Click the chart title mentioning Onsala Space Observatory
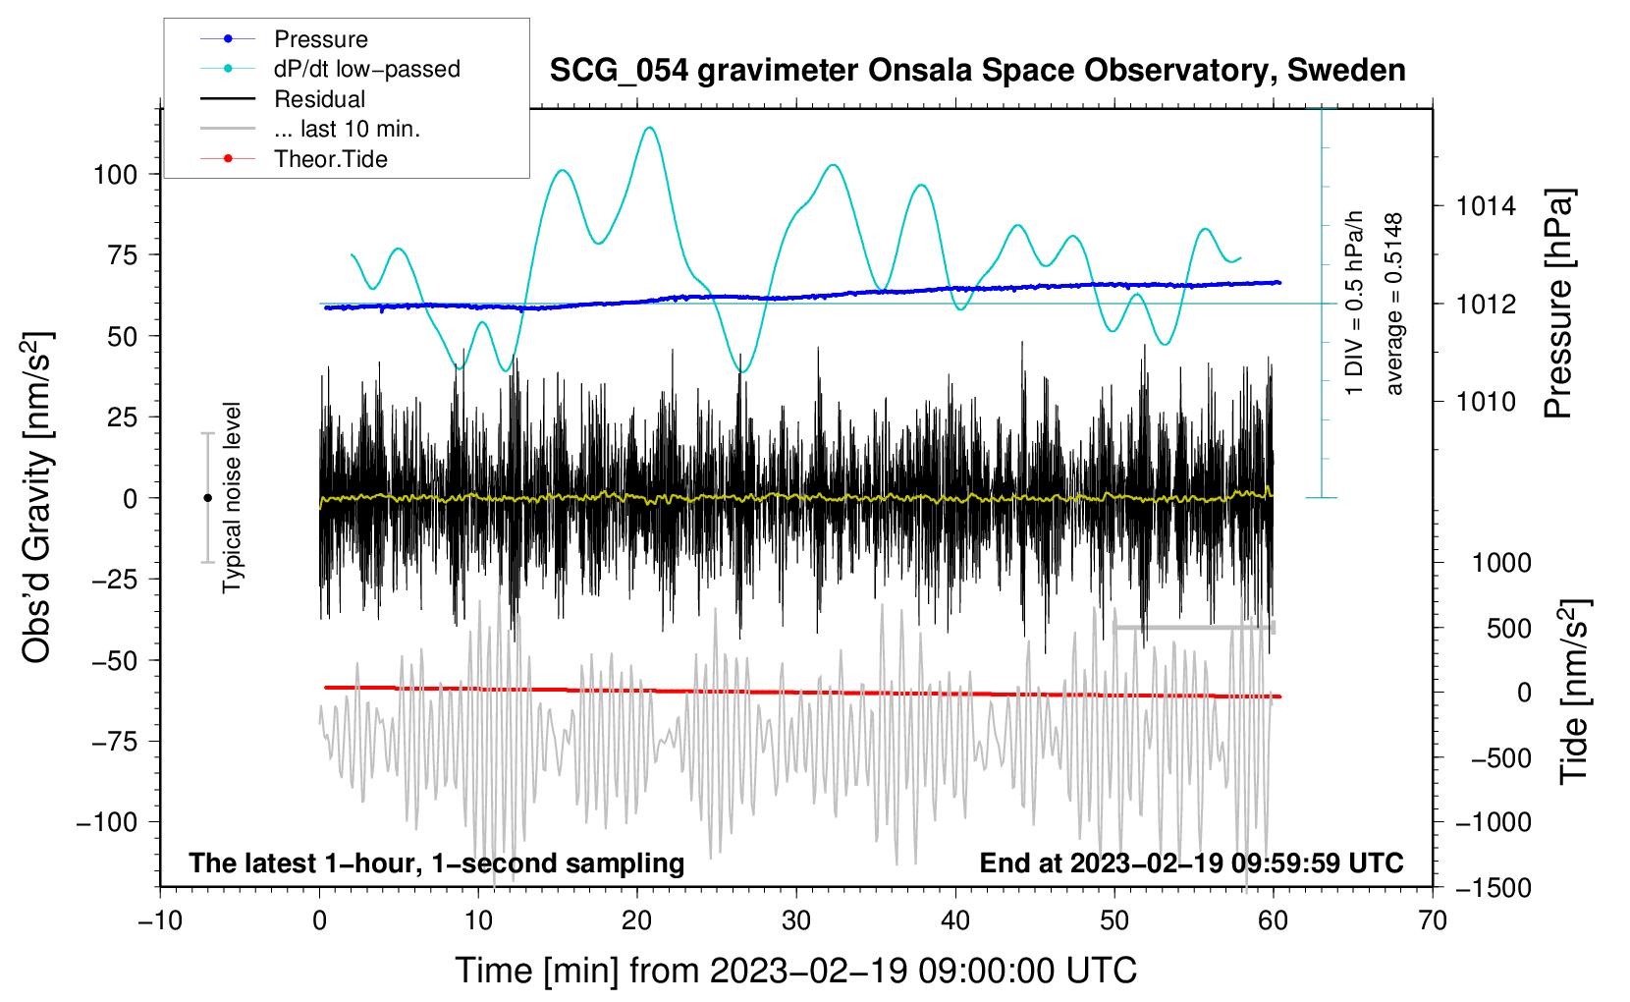(977, 71)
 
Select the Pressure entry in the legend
(284, 38)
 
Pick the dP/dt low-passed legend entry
(330, 69)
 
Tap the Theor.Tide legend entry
(294, 159)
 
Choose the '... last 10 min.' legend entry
(310, 129)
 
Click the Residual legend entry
(283, 98)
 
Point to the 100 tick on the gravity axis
(116, 175)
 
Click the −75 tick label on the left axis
(114, 742)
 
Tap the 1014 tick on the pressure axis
(1486, 206)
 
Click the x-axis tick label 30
(796, 921)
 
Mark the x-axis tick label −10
(160, 921)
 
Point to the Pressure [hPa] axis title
(1558, 304)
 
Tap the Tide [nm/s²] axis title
(1575, 692)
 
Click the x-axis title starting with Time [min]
(796, 971)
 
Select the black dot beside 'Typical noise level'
(207, 498)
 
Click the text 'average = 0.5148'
(1393, 304)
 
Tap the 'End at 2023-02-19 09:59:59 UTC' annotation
(1191, 863)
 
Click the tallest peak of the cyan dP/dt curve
(650, 128)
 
